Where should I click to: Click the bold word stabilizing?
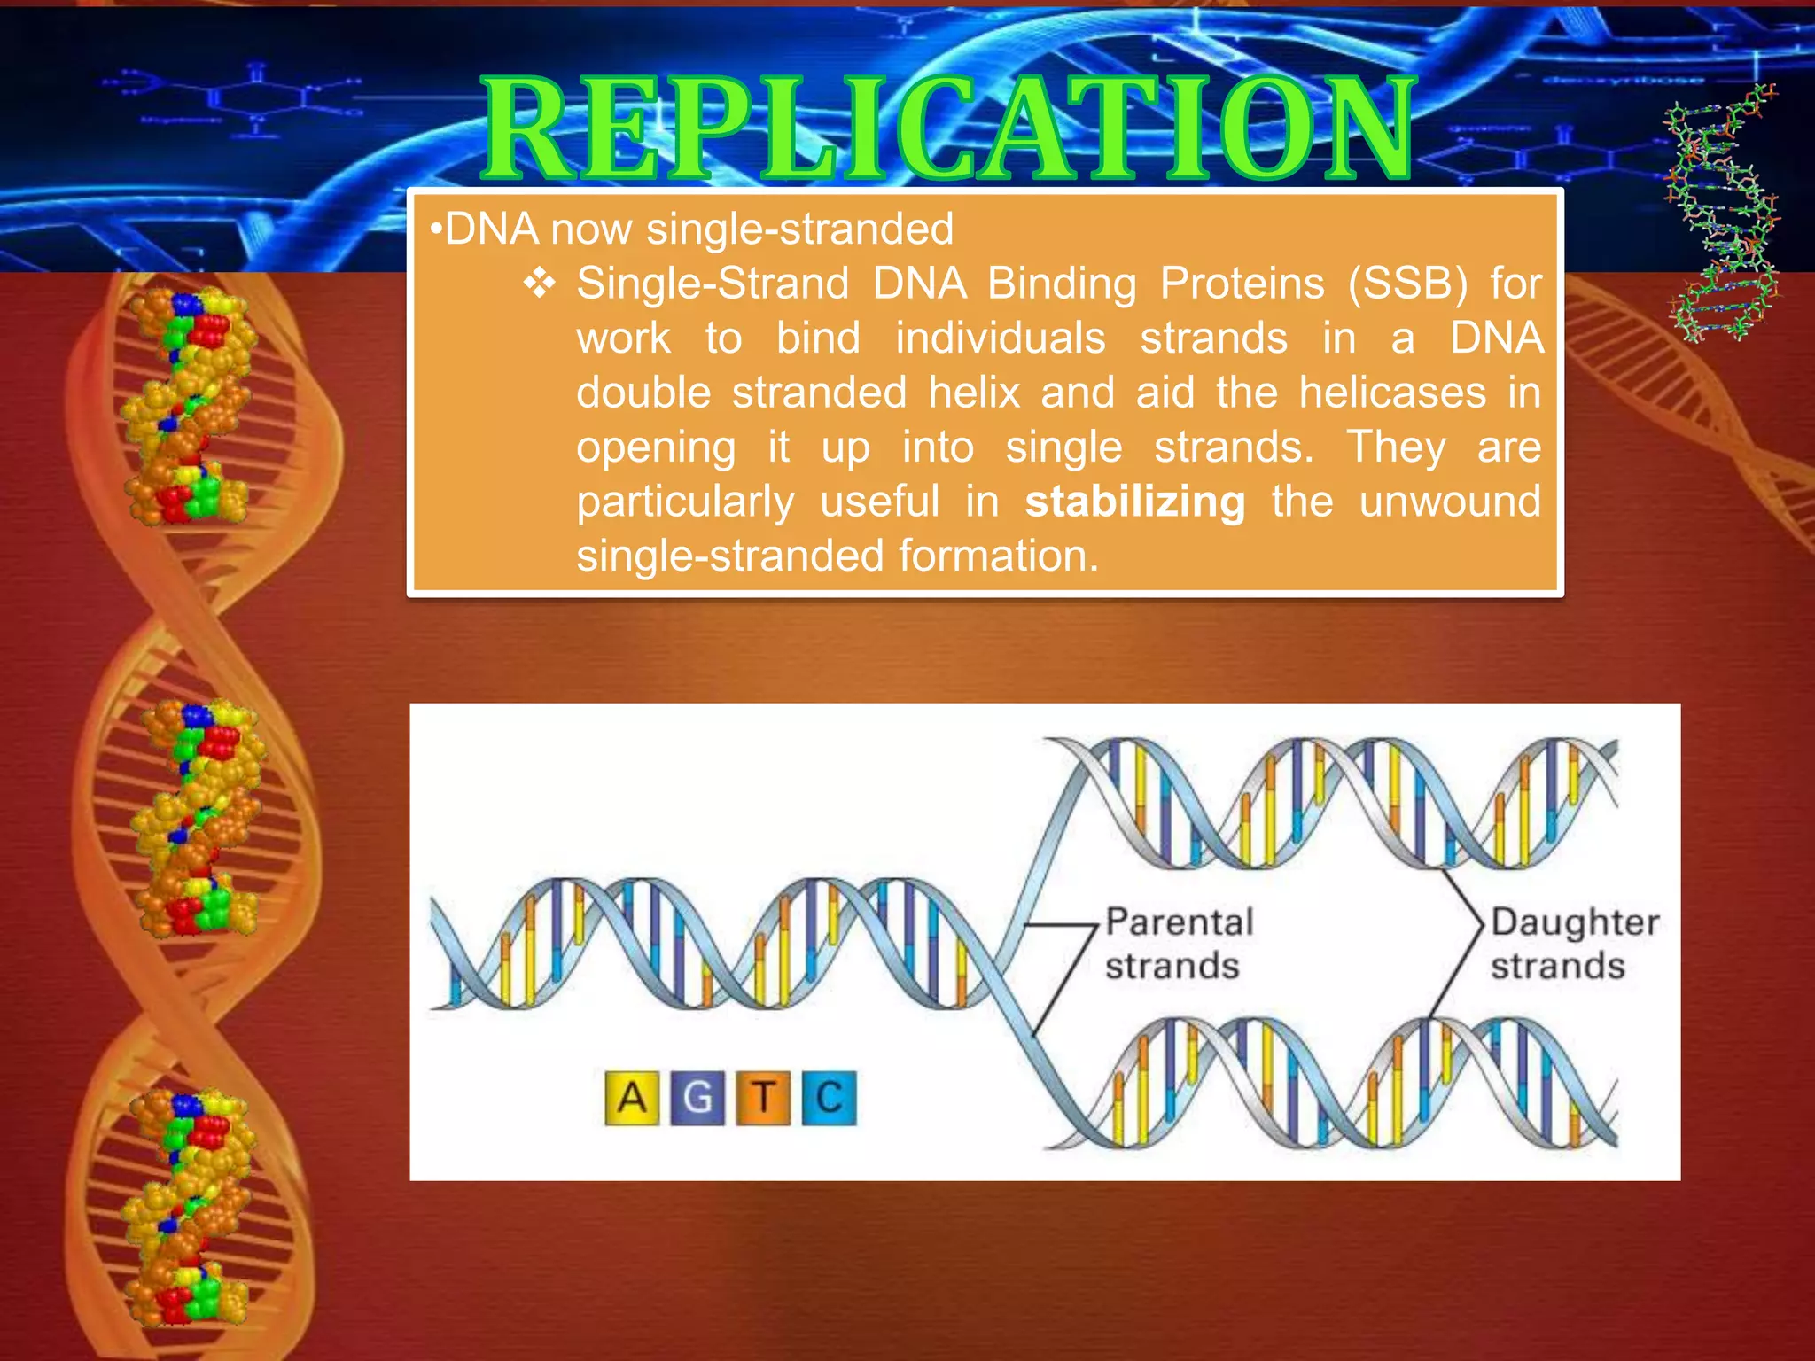click(1134, 502)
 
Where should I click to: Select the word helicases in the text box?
click(1392, 393)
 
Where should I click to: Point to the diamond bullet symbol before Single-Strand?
click(539, 284)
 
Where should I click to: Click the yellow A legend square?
click(631, 1098)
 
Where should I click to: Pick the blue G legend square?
click(697, 1098)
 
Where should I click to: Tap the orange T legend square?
click(763, 1098)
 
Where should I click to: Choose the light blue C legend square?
click(829, 1098)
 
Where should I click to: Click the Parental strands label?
click(1178, 944)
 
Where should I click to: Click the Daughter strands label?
click(1573, 944)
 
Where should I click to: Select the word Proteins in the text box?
click(1242, 284)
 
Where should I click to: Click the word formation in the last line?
click(998, 556)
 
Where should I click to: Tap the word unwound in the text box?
click(1450, 502)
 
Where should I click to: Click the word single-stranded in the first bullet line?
click(799, 229)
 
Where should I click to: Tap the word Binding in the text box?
click(1062, 284)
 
